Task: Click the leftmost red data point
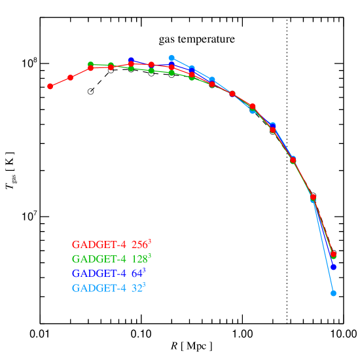click(50, 86)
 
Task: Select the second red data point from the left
click(71, 77)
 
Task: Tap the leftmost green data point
click(90, 64)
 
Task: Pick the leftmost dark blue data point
click(131, 60)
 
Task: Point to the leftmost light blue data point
click(171, 58)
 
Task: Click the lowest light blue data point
click(333, 293)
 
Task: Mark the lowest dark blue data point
click(333, 267)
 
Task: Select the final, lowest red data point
click(333, 254)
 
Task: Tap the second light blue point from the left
click(192, 69)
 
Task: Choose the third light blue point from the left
click(212, 80)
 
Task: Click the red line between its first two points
click(60, 82)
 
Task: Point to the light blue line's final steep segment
click(323, 247)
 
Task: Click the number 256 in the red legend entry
click(139, 245)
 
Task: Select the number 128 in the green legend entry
click(139, 259)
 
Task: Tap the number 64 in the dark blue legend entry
click(136, 274)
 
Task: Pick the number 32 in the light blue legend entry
click(136, 288)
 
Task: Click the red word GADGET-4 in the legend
click(98, 245)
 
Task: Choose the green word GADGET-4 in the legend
click(98, 259)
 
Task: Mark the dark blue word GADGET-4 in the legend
click(98, 274)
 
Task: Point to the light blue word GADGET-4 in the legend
click(98, 288)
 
